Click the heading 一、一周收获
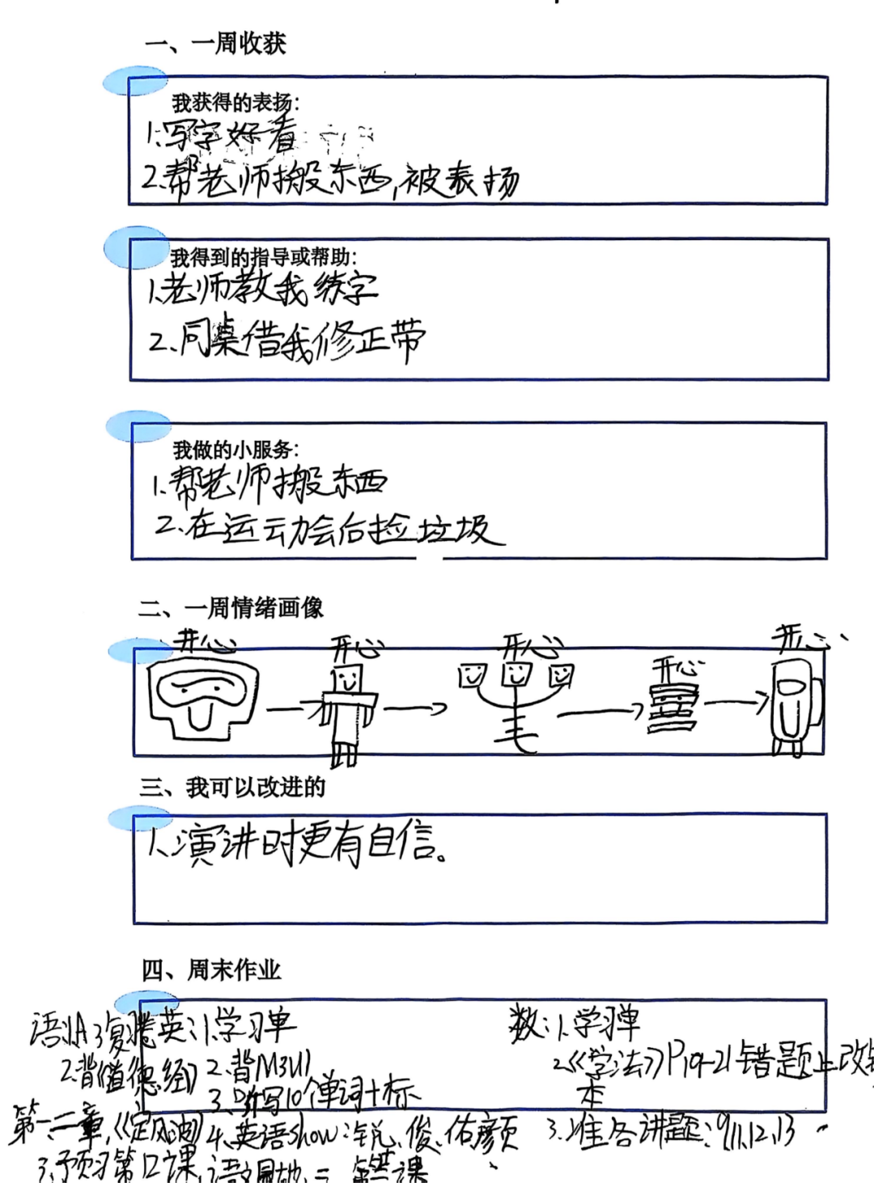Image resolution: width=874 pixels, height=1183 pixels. click(215, 43)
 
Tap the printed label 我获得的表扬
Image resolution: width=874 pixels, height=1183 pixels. click(235, 103)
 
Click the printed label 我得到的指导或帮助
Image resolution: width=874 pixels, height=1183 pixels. click(263, 257)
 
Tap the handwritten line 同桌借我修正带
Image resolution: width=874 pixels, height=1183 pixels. click(287, 340)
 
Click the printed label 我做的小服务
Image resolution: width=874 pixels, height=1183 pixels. click(235, 450)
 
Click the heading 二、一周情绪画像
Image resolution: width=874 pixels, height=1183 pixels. click(231, 607)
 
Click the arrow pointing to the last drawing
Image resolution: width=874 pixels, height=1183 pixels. click(736, 702)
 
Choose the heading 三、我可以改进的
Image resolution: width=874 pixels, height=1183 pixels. click(232, 787)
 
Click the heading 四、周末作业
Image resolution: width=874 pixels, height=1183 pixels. click(212, 970)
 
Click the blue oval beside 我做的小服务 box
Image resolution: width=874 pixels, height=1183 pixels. click(138, 427)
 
